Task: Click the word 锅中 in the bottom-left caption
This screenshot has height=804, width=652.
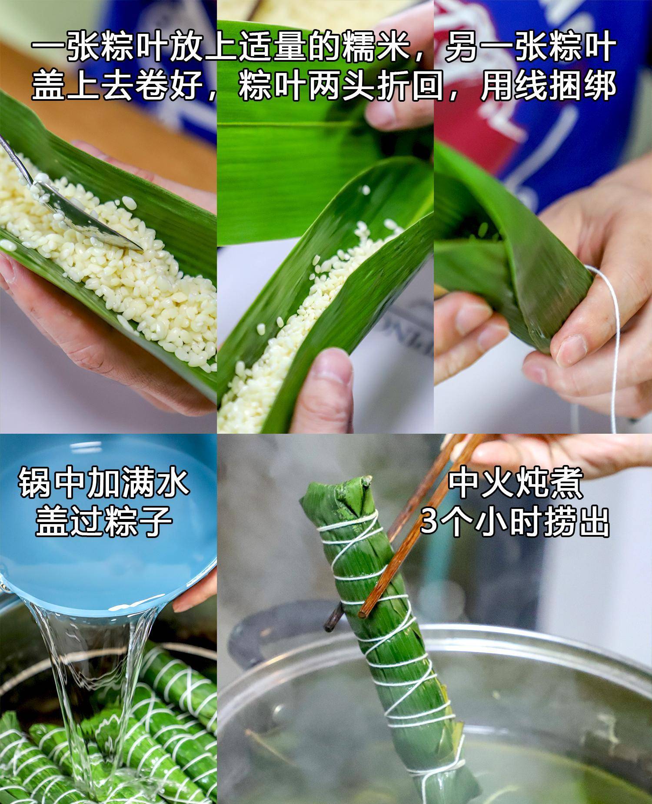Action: tap(52, 482)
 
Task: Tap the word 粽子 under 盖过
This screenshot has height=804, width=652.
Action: tap(139, 520)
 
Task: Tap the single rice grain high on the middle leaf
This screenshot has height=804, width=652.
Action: tap(366, 190)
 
